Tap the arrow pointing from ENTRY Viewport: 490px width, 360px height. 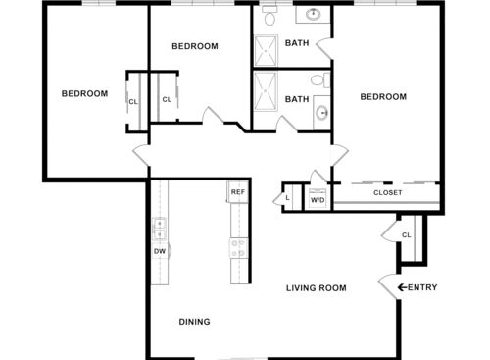pos(400,287)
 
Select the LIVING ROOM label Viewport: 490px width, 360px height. pos(317,288)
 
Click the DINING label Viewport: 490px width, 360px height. pos(194,321)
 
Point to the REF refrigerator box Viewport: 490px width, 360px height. pos(236,192)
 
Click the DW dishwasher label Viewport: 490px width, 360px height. pos(159,251)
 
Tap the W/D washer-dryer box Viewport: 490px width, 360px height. pos(318,199)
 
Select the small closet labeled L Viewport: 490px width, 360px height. pos(288,197)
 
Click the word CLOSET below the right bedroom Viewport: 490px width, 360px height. pos(387,192)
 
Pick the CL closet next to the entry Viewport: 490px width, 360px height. pos(407,235)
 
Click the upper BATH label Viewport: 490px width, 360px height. pos(296,43)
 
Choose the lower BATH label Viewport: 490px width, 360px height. pos(296,98)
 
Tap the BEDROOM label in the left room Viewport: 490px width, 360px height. pos(84,94)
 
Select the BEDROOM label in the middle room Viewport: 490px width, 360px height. pos(194,46)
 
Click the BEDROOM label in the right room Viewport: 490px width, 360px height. pos(382,96)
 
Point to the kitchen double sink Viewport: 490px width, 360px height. pos(159,230)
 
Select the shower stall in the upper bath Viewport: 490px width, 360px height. pos(267,49)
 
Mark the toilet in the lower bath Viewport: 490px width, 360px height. pos(316,81)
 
